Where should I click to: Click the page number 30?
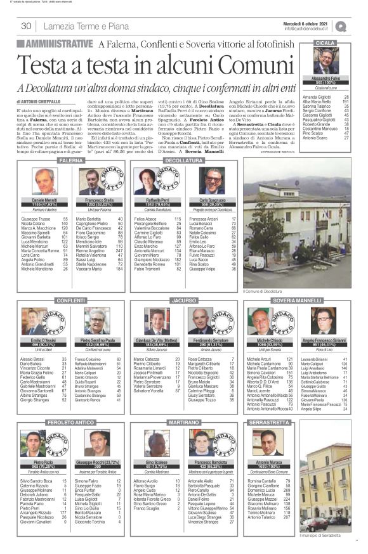point(27,26)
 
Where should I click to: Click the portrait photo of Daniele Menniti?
point(45,181)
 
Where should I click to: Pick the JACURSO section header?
point(183,299)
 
